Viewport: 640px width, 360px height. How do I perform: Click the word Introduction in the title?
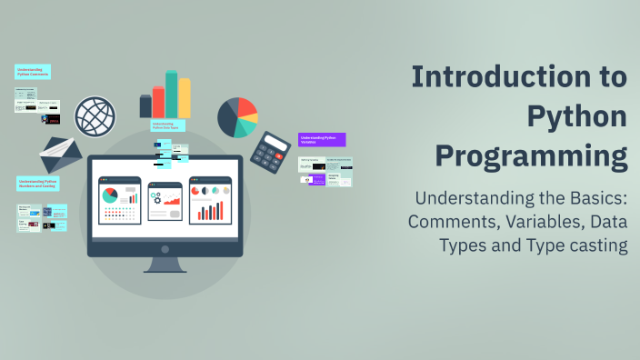(x=518, y=76)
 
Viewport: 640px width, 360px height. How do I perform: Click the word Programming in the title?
(x=531, y=155)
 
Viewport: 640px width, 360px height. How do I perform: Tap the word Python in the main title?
(x=577, y=116)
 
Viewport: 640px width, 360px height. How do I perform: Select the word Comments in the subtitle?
(x=452, y=222)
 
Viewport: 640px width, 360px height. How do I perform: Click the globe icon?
(x=95, y=117)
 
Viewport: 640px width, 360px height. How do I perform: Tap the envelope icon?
(x=60, y=155)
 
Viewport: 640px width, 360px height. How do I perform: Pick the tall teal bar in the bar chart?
(x=172, y=94)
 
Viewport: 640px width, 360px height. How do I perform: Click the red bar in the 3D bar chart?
(x=159, y=101)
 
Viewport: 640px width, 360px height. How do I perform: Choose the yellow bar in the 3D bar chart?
(x=185, y=97)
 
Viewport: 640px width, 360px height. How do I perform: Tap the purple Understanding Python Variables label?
(x=322, y=140)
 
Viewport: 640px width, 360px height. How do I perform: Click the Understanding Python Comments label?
(x=33, y=72)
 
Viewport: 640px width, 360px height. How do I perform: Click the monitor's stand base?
(x=165, y=267)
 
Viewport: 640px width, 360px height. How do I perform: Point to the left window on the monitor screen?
(x=120, y=200)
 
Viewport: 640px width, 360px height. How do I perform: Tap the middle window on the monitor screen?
(x=165, y=200)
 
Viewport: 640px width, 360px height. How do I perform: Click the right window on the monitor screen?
(x=210, y=200)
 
